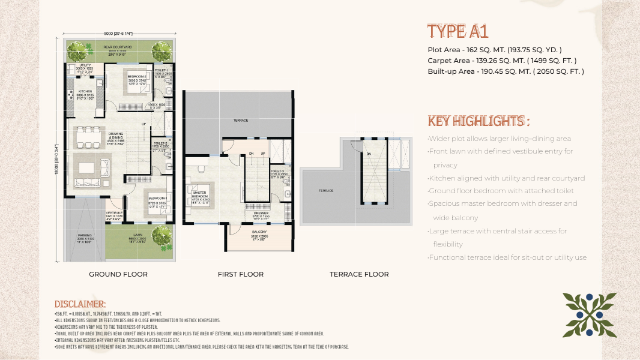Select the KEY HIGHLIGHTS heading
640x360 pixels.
point(478,121)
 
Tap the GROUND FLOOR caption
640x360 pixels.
point(118,274)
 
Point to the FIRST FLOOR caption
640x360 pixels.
point(241,274)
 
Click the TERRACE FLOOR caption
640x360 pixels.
point(359,274)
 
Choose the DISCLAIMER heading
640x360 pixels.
point(80,304)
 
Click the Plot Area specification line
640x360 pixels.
point(495,50)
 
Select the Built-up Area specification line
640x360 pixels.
point(506,71)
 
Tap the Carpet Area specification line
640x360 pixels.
point(502,61)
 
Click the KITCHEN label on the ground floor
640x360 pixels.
point(85,92)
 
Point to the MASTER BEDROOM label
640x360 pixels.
point(200,194)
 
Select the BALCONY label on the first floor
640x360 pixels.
point(259,232)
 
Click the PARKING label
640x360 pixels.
point(85,235)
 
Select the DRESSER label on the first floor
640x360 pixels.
point(262,212)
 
